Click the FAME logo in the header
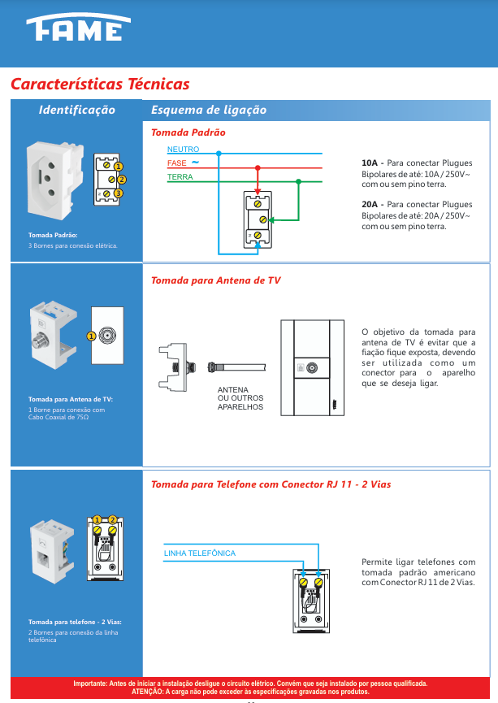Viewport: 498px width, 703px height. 79,27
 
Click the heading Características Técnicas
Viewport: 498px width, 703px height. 100,84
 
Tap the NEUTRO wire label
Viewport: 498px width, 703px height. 183,150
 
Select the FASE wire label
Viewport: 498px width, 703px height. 176,163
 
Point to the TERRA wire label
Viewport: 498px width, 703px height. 180,177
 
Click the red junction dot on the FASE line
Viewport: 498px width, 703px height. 258,167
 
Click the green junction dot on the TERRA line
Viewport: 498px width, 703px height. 298,181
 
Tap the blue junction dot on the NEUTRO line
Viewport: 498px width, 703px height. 219,154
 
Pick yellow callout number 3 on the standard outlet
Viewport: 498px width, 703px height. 118,193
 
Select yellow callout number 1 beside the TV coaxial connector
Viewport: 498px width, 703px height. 91,336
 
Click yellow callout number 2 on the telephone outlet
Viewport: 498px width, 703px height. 112,519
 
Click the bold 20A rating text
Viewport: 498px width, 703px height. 370,205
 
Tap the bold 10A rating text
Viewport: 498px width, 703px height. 370,163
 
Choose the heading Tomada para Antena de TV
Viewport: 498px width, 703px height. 215,280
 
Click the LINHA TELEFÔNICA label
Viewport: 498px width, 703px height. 200,553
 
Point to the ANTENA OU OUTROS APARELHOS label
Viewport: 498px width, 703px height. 240,398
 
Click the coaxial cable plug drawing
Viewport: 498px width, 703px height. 236,367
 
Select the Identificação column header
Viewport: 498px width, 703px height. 76,110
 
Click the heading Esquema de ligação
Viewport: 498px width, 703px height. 209,110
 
